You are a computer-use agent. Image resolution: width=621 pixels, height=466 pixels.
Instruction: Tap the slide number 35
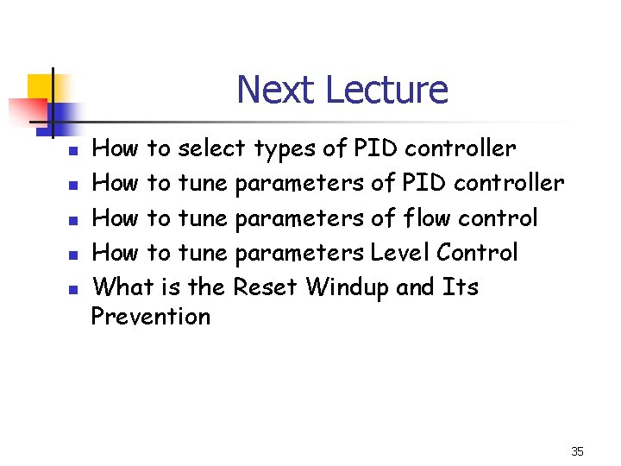[x=577, y=451]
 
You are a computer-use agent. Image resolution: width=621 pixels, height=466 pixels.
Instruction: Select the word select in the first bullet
[x=211, y=148]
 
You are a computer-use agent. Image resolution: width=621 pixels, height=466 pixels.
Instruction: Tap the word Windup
[x=348, y=287]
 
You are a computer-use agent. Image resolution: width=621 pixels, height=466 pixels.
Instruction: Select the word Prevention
[x=151, y=317]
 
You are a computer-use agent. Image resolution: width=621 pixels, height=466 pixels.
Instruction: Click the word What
[x=122, y=287]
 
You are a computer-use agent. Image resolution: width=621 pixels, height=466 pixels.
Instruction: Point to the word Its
[x=460, y=287]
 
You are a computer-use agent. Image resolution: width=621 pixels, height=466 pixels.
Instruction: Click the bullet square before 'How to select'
[x=74, y=151]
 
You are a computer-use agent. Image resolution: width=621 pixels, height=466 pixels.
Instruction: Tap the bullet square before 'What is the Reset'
[x=74, y=289]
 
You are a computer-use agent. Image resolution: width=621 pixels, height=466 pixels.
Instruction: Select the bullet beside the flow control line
[x=74, y=220]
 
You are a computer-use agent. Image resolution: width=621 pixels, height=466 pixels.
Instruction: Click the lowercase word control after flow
[x=498, y=217]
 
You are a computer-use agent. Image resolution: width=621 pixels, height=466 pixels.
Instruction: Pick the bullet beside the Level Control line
[x=74, y=255]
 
